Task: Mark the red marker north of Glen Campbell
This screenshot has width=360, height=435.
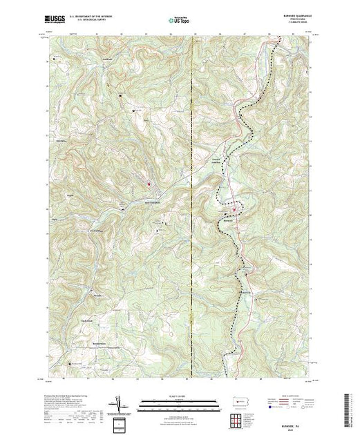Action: pos(148,184)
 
